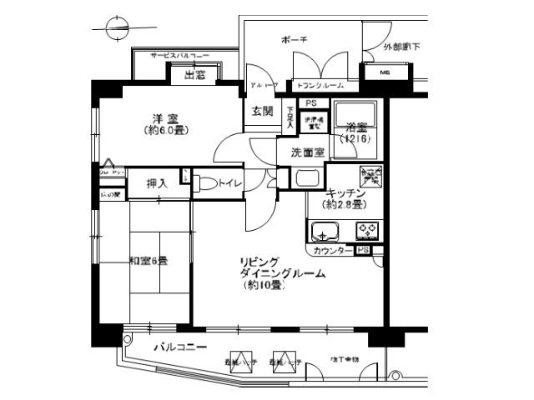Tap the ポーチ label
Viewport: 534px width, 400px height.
pos(295,40)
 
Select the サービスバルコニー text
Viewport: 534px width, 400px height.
pos(179,55)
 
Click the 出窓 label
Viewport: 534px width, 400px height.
pos(194,76)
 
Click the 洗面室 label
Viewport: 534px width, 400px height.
pos(302,152)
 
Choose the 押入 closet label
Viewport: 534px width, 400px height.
pos(157,183)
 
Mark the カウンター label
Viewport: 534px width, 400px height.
pos(332,250)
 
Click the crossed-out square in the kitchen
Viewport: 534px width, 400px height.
pos(370,174)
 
